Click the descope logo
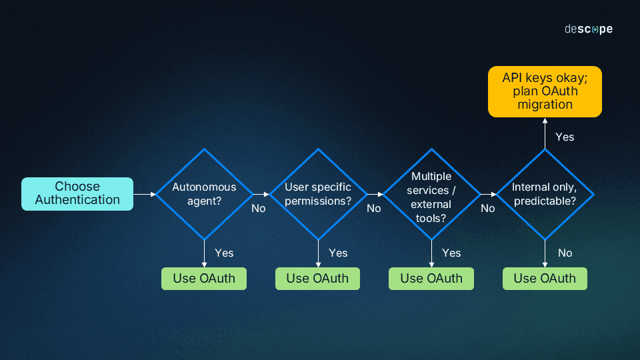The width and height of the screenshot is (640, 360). (588, 29)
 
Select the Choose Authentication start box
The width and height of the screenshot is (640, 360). (77, 193)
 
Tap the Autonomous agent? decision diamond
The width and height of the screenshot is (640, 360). (204, 193)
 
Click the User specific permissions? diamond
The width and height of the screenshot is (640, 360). (318, 193)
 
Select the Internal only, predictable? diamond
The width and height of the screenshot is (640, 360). (545, 193)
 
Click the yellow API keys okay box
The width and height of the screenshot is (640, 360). (545, 91)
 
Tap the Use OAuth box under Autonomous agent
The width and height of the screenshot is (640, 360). (204, 279)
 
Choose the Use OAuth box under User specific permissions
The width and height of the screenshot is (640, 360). (317, 279)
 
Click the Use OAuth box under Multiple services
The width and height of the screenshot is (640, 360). (431, 279)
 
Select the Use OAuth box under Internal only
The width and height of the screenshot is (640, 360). (545, 279)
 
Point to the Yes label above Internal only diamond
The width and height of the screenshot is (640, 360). (565, 137)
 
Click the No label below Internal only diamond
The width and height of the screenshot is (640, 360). (565, 253)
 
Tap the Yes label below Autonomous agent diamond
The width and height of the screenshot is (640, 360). (224, 253)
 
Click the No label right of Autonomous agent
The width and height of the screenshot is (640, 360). (258, 209)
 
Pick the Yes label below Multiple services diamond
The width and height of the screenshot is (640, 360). (451, 253)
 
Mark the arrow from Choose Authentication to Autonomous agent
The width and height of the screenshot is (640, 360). (144, 194)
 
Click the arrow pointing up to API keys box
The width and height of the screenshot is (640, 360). (545, 133)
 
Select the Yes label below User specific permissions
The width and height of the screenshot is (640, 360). (338, 253)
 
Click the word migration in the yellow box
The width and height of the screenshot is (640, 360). (545, 105)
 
